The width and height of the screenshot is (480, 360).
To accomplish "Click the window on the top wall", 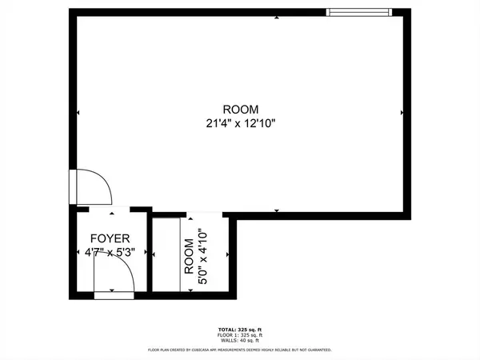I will coord(359,11).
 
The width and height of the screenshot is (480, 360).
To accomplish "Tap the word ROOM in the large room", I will coord(241,109).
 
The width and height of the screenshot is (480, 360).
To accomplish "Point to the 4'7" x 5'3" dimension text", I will coord(110,252).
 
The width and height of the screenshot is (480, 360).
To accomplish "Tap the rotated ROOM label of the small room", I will coord(189,258).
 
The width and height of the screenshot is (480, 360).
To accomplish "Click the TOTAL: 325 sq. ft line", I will coord(240,330).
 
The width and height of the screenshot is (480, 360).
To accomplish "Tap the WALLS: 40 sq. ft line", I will coord(240,342).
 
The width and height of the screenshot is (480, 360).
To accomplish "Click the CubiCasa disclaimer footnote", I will coord(240,350).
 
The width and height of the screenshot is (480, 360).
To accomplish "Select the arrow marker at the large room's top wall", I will coord(277,18).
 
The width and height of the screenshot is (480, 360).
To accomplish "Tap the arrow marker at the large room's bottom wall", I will coord(277,210).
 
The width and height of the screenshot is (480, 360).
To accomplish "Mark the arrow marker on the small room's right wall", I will coord(228,254).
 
